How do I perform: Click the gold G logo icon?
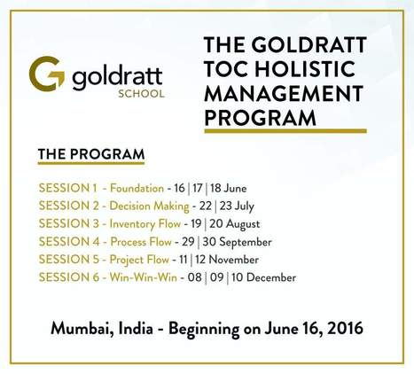tap(45, 74)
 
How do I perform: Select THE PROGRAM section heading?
tap(90, 155)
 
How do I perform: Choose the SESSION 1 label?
tap(67, 188)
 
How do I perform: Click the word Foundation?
tap(137, 188)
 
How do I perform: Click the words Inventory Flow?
tap(146, 223)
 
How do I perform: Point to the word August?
tap(242, 223)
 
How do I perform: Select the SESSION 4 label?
tap(67, 241)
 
